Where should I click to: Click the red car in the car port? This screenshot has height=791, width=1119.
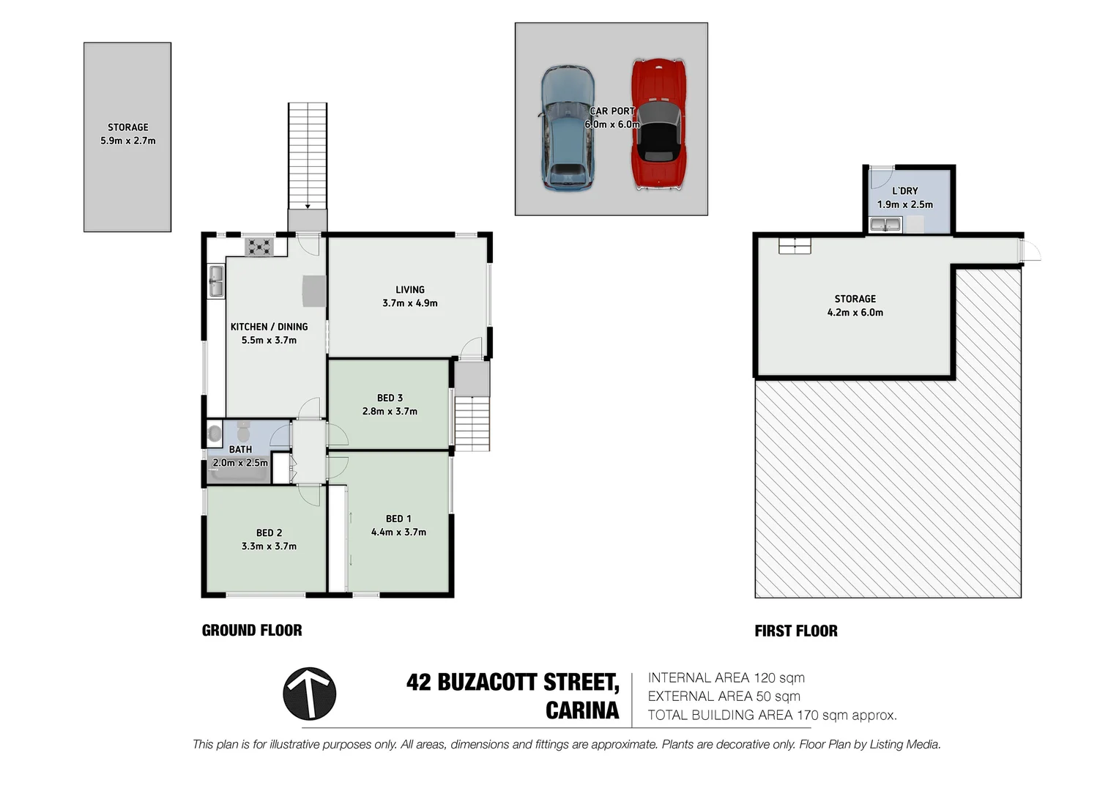(x=658, y=125)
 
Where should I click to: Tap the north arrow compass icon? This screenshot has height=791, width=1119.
(x=310, y=694)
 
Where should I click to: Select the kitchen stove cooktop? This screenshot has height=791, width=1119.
(x=259, y=247)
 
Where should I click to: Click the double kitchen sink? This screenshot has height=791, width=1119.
(x=216, y=281)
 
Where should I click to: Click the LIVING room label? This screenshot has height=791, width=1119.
(x=409, y=289)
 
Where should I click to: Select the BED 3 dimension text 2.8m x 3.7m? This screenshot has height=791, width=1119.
(x=390, y=412)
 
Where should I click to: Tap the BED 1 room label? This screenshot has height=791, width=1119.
(x=398, y=519)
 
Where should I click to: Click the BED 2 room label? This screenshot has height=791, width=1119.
(x=269, y=532)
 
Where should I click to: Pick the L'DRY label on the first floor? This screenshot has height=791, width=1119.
(x=904, y=191)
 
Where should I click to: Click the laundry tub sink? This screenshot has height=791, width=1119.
(x=885, y=224)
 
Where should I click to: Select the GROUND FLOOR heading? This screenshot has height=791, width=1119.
(x=252, y=631)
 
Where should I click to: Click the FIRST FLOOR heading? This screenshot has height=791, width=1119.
(x=796, y=631)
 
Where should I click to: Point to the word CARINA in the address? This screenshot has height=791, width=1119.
(x=582, y=710)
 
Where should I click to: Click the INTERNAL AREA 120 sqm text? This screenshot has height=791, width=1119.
(x=726, y=678)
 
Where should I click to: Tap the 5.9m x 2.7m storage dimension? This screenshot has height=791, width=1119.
(x=128, y=141)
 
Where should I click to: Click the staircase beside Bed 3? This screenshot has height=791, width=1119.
(x=472, y=423)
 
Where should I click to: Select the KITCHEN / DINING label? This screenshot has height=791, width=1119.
(x=269, y=327)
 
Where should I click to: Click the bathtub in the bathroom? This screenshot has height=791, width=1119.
(x=238, y=475)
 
